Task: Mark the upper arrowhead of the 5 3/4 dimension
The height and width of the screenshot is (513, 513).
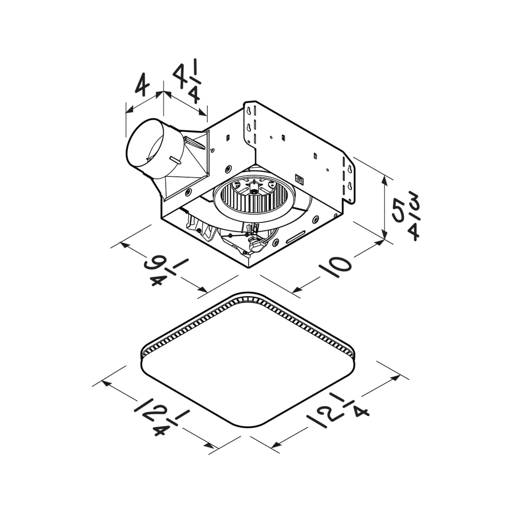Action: tap(385, 178)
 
